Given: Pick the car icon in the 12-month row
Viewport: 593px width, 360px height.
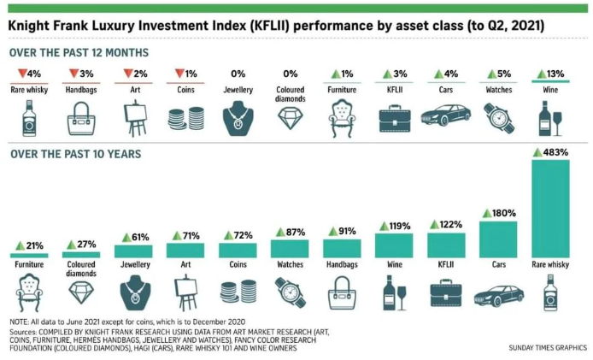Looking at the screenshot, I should coord(446,115).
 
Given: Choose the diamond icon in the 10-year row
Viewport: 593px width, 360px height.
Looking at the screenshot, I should coord(81,295).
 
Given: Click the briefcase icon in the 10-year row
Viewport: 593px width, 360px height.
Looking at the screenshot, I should coord(446,293).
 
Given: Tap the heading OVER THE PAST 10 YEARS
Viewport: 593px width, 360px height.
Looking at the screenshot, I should coord(75,154).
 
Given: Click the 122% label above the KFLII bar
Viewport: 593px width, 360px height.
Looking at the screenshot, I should coord(446,225).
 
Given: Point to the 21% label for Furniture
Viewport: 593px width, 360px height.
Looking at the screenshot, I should coord(30,246).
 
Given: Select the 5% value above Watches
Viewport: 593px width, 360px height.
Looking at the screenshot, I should coord(497,74).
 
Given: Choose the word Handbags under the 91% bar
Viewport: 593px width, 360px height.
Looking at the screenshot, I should coord(342,266).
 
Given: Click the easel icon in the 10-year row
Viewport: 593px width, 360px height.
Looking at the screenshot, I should coord(185,294).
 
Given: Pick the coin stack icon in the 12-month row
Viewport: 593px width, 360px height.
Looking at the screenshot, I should coord(185,119).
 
